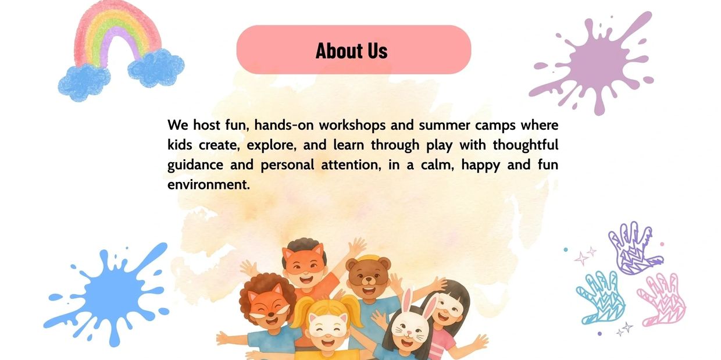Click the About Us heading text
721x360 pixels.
(x=351, y=51)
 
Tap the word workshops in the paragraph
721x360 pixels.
(x=352, y=125)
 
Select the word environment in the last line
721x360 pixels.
(x=209, y=184)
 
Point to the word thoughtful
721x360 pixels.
(x=525, y=145)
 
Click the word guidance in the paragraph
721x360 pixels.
(x=195, y=165)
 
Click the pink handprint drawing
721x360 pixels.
(x=662, y=300)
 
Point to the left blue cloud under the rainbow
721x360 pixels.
(x=84, y=83)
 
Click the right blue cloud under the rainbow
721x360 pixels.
(x=156, y=67)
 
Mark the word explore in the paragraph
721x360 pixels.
(x=272, y=145)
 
